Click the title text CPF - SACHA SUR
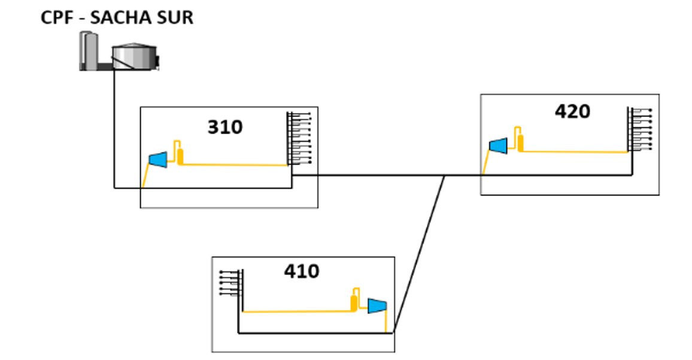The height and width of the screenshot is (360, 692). coord(117,17)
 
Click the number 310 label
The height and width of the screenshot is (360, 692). coord(225,127)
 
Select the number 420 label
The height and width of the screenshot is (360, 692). coord(572,111)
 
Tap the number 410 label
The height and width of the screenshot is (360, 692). coord(301,271)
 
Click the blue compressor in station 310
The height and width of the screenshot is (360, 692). coord(158,159)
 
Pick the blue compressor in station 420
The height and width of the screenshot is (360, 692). coord(498,145)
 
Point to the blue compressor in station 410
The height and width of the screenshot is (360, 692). coord(377,305)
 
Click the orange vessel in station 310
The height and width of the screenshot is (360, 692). coord(180,156)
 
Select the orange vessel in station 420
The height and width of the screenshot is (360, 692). coord(520,143)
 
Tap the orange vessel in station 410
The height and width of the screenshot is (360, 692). coord(354,301)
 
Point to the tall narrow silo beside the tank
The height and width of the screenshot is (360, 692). coord(90,51)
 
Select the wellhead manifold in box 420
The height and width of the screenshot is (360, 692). coord(638,129)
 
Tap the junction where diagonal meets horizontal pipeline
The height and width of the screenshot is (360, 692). coord(444,176)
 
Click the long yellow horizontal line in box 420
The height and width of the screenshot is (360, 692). coord(575,152)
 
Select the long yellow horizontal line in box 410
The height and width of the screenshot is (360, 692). coord(296,311)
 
